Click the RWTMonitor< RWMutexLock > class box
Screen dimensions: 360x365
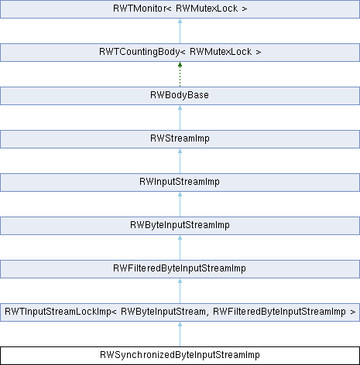[x=180, y=9]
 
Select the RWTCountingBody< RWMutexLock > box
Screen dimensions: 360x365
[x=180, y=53]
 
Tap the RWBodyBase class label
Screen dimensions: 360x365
[x=180, y=95]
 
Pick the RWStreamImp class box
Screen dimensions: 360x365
[x=180, y=139]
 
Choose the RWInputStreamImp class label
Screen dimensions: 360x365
[x=180, y=182]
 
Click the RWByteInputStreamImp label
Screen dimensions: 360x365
[x=180, y=225]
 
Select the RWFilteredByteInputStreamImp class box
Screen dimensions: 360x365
[x=180, y=269]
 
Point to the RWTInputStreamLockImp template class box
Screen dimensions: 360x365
[x=180, y=312]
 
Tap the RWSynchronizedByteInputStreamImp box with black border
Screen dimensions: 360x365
[x=180, y=356]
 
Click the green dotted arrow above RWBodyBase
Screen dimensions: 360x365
[x=180, y=74]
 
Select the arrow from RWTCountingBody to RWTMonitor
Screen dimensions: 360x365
[x=180, y=31]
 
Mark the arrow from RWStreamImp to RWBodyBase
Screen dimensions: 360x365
[x=180, y=118]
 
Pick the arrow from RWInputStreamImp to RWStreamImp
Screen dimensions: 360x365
[x=180, y=161]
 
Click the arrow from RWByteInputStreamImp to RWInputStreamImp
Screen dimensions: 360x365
[x=180, y=204]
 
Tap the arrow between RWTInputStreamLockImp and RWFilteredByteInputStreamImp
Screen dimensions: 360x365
[x=180, y=291]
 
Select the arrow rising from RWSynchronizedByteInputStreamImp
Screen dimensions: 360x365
[x=180, y=334]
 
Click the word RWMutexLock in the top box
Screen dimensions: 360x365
[x=207, y=9]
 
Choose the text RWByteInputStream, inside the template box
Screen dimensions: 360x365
[x=163, y=312]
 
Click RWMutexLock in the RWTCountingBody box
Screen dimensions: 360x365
[x=221, y=52]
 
